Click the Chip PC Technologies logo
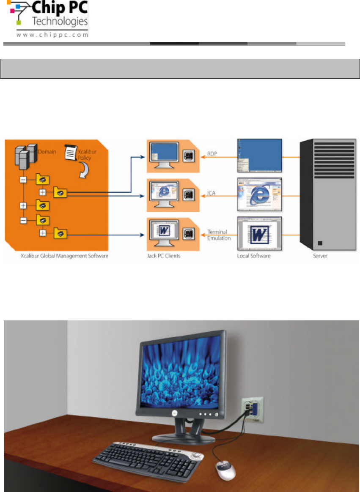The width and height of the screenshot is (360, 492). point(47,19)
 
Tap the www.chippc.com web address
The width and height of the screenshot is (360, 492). point(52,36)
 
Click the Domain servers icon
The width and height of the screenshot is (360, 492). point(22,158)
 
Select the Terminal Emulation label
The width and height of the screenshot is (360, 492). point(219,235)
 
